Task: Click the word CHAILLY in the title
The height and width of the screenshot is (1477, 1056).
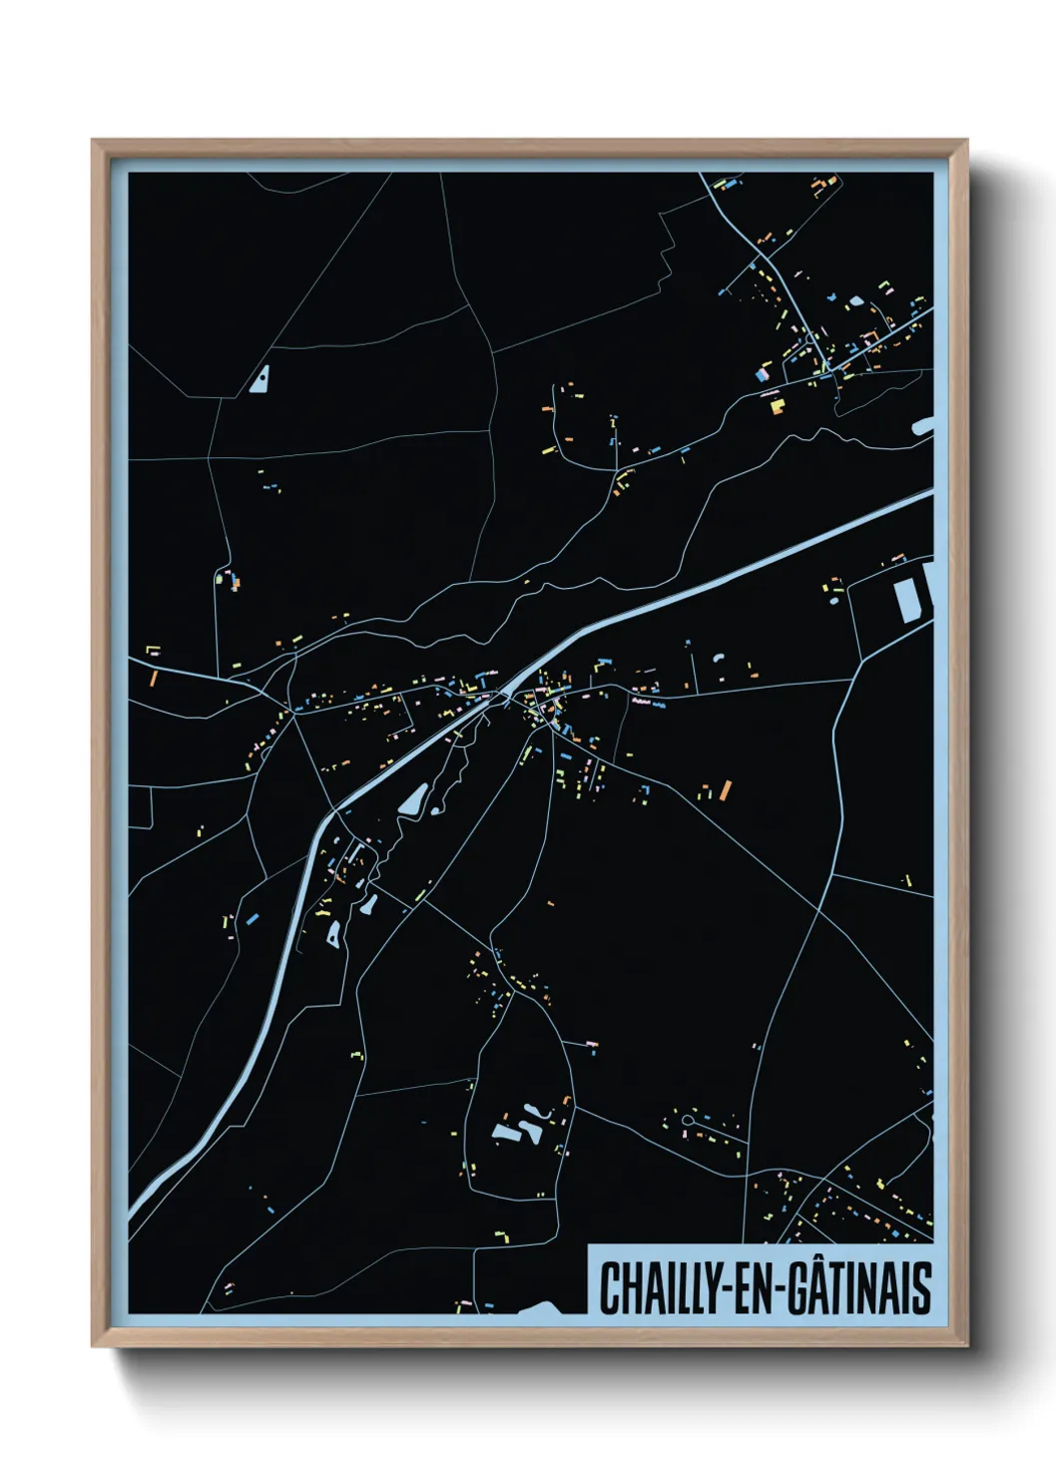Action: point(654,1287)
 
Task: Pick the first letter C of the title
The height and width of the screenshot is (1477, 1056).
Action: point(608,1288)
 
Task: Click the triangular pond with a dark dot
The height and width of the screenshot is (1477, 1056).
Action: point(261,380)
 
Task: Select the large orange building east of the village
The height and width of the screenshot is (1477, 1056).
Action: point(726,790)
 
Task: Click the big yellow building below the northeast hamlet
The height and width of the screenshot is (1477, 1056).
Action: point(778,406)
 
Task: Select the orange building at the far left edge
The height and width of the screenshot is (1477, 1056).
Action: point(153,678)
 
